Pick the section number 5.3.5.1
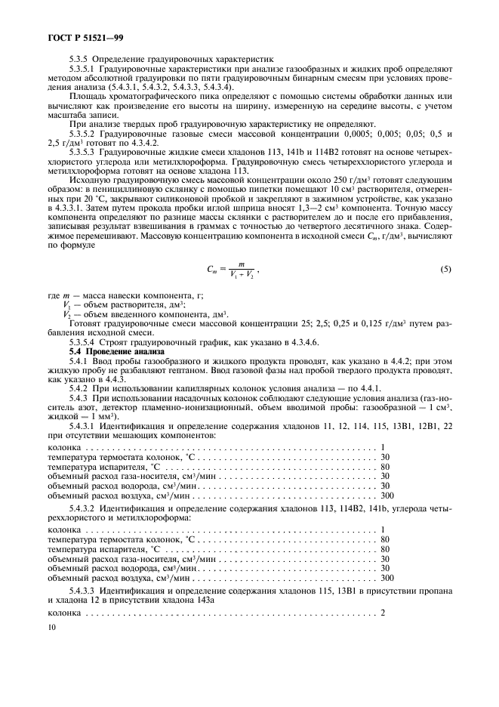[84, 68]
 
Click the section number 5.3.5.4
[84, 343]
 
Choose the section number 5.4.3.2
[84, 510]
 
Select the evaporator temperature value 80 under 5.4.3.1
[385, 466]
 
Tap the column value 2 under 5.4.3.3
[383, 612]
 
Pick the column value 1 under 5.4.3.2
[383, 529]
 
